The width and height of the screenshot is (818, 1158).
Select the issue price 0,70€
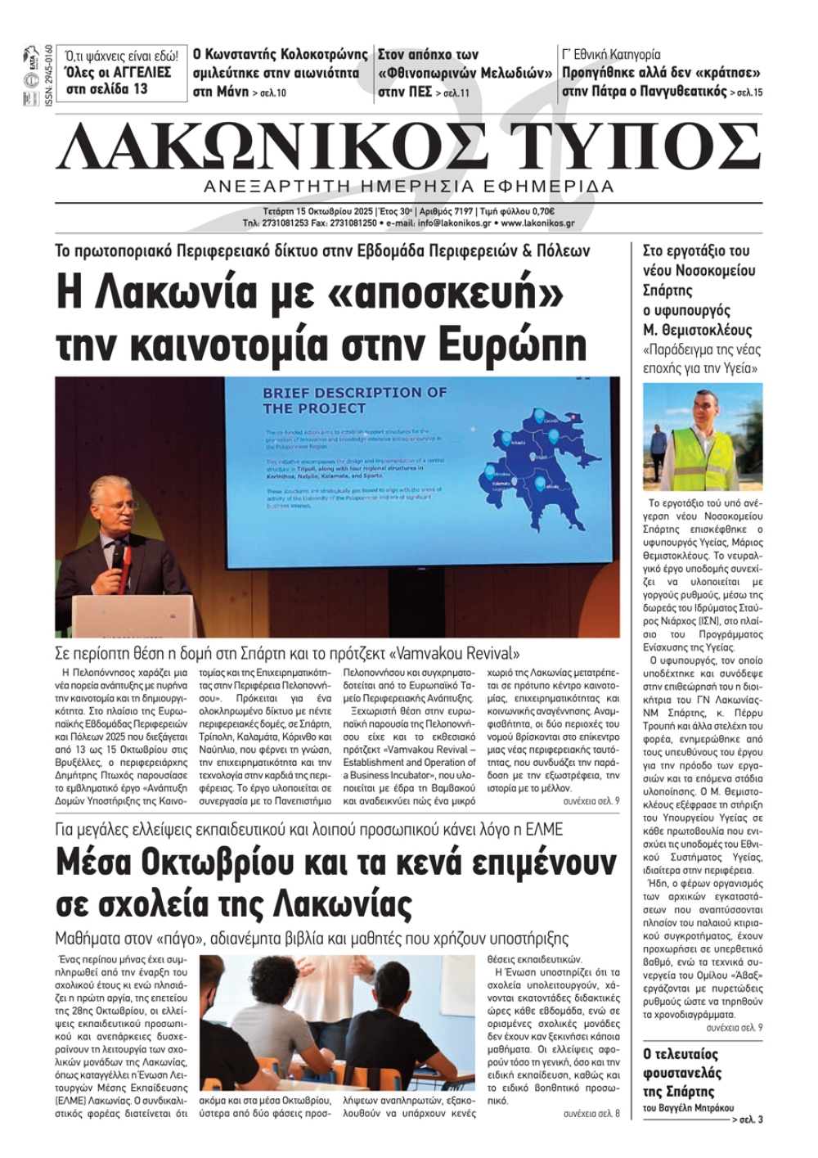pos(559,211)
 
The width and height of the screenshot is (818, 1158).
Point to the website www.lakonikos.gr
pos(537,223)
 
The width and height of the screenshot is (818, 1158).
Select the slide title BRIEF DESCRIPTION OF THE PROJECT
pos(354,400)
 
